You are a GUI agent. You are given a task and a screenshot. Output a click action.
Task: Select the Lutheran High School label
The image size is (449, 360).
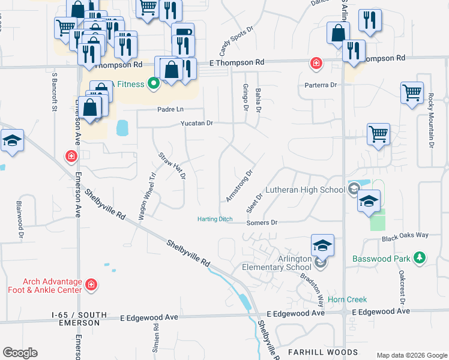pyautogui.click(x=307, y=190)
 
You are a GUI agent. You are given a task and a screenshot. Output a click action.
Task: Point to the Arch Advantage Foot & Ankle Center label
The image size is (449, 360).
pyautogui.click(x=52, y=286)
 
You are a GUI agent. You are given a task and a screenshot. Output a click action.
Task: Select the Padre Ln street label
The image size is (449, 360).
pyautogui.click(x=170, y=109)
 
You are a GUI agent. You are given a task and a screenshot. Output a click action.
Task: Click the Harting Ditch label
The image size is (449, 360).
pyautogui.click(x=215, y=220)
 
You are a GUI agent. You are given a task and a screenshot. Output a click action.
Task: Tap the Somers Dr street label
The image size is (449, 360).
pyautogui.click(x=262, y=223)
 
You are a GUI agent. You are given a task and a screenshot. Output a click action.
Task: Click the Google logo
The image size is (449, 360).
pyautogui.click(x=20, y=353)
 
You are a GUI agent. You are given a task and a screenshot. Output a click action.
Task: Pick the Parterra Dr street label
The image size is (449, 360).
pyautogui.click(x=321, y=85)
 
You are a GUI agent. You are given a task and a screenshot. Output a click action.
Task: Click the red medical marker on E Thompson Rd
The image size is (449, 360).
pyautogui.click(x=315, y=63)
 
